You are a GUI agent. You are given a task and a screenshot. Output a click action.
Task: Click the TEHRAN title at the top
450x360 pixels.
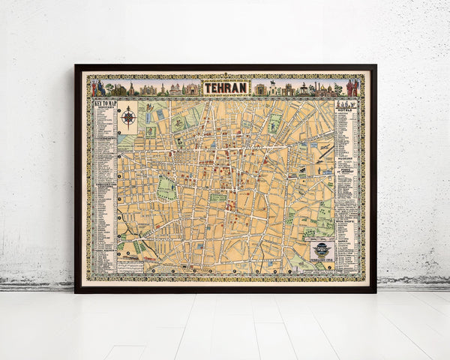click(x=225, y=88)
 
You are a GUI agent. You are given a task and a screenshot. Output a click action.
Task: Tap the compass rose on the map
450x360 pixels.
click(x=128, y=117)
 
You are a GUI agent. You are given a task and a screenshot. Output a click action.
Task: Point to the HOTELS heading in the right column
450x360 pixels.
click(x=346, y=109)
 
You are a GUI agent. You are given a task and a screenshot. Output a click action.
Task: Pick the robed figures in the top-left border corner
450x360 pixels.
click(x=99, y=88)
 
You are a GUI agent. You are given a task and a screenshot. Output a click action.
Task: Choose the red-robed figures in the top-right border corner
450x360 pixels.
click(x=351, y=88)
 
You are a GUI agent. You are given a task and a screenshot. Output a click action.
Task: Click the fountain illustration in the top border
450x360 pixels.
click(x=304, y=88)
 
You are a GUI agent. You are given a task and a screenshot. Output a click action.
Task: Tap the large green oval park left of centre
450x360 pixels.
click(x=166, y=187)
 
